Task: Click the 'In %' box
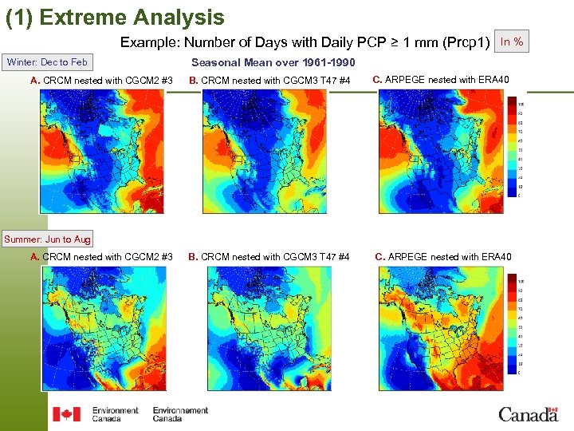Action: (x=511, y=42)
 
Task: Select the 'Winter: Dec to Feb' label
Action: (x=47, y=62)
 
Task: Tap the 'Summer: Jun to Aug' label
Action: (x=48, y=239)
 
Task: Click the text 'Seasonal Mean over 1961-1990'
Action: (x=273, y=63)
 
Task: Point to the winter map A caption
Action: (x=101, y=81)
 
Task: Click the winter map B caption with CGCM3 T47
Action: (x=269, y=81)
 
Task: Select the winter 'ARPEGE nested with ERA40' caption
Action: (x=441, y=79)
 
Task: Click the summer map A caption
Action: (x=101, y=257)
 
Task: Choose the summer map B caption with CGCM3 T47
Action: (x=269, y=257)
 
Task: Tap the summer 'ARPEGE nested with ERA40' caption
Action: (x=443, y=257)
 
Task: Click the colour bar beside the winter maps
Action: (x=511, y=148)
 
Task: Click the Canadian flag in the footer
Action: (x=66, y=414)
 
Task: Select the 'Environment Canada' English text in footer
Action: (x=115, y=414)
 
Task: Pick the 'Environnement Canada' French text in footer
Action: (x=180, y=414)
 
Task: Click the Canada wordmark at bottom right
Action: (x=528, y=413)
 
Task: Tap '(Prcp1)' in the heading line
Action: (x=466, y=42)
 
